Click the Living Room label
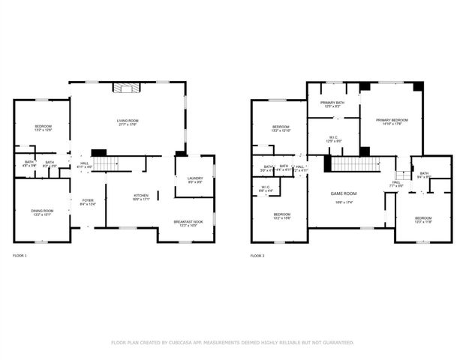(127, 122)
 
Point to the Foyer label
(87, 200)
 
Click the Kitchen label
(141, 196)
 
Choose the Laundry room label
(194, 179)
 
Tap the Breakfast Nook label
(188, 223)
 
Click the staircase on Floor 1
(110, 163)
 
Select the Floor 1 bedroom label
(43, 127)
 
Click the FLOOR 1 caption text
(20, 256)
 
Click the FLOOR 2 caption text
(257, 256)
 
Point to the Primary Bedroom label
(392, 121)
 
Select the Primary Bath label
(332, 103)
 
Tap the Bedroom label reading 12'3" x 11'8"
(423, 220)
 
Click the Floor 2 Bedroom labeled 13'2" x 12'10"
(281, 128)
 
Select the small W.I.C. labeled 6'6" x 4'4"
(266, 188)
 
